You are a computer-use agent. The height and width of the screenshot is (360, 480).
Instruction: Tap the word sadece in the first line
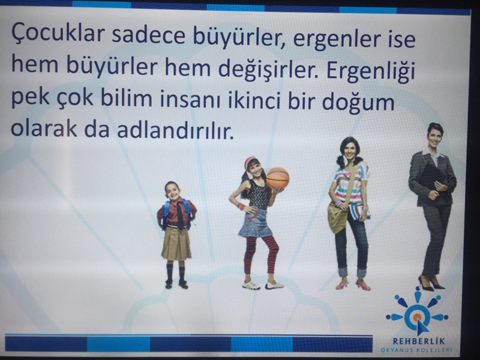(148, 35)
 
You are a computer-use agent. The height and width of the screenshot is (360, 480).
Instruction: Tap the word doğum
(358, 103)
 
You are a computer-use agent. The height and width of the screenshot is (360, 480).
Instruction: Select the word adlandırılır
(175, 130)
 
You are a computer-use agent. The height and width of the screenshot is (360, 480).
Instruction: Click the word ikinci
(254, 100)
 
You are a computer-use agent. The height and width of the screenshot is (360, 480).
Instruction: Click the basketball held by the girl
(277, 178)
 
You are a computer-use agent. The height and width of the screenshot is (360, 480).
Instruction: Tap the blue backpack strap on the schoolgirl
(166, 213)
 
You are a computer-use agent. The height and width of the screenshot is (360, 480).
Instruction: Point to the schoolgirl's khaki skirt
(176, 244)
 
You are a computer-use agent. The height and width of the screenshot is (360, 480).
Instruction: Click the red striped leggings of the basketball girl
(260, 254)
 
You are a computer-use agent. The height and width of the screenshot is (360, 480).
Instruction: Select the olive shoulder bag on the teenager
(337, 217)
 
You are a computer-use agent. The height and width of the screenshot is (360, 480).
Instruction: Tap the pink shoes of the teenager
(353, 286)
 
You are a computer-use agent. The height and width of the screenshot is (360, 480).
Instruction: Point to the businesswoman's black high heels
(431, 284)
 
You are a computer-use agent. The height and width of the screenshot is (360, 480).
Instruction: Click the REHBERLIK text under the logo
(418, 341)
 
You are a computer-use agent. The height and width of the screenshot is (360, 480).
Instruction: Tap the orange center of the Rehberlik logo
(416, 317)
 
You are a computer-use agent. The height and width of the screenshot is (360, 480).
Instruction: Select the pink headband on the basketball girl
(248, 162)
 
